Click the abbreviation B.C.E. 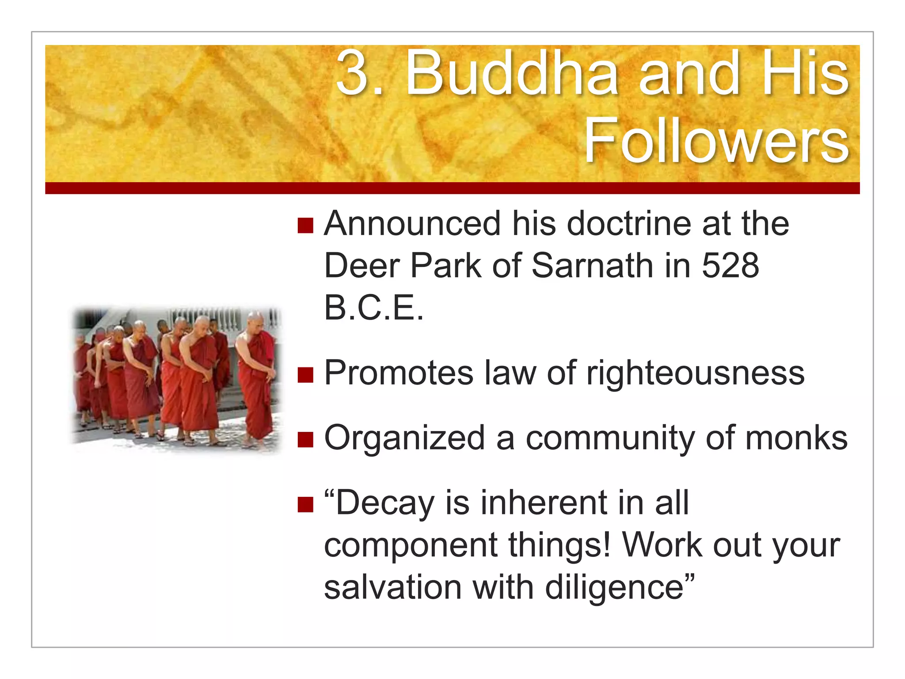point(373,308)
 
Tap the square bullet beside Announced point(305,225)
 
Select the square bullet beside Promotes point(305,375)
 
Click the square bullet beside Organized point(305,440)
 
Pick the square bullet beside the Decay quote point(305,505)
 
